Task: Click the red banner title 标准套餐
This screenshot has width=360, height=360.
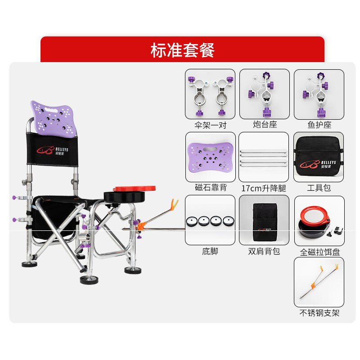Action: tap(183, 50)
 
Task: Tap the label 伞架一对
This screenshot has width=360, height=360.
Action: tap(210, 125)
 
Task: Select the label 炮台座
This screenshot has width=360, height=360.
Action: tap(265, 125)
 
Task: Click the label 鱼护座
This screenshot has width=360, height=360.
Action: tap(319, 125)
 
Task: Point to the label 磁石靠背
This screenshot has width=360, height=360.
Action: tap(211, 188)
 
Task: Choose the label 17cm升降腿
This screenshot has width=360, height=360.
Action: tap(264, 188)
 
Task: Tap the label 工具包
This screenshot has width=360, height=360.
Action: tap(319, 188)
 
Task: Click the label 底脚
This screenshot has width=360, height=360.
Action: tap(210, 251)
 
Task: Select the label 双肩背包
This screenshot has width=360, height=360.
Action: tap(264, 251)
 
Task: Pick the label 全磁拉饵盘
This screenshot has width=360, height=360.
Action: tap(320, 252)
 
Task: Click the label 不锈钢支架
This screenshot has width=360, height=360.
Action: tap(319, 313)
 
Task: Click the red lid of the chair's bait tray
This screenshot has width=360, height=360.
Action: tap(134, 189)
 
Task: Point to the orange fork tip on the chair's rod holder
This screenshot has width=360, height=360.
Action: tap(175, 203)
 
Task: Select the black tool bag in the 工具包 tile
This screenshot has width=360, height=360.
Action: tap(319, 157)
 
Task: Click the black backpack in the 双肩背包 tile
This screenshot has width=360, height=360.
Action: tap(265, 222)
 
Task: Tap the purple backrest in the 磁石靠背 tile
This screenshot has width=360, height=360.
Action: tap(210, 156)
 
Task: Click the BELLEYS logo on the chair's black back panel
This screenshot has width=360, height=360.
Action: tap(52, 150)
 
